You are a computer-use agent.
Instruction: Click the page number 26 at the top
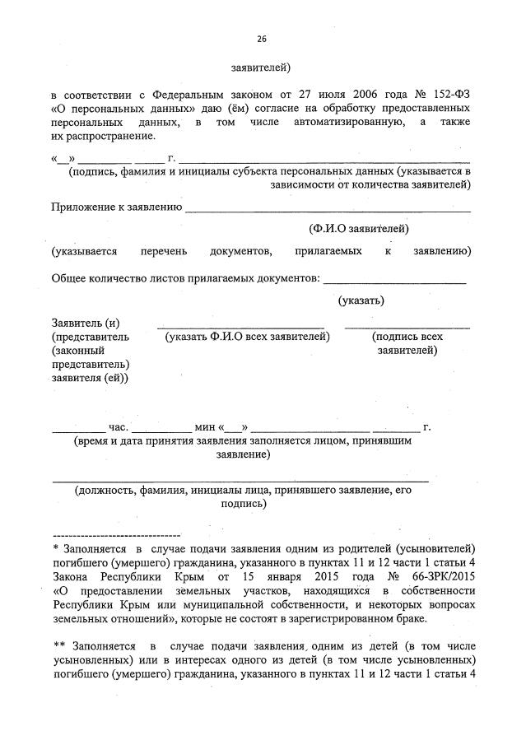[x=262, y=39]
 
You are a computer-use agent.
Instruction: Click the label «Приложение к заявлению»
[x=116, y=207]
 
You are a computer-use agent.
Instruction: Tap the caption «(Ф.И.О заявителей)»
[x=358, y=228]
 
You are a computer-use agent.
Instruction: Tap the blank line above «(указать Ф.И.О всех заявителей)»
[x=240, y=327]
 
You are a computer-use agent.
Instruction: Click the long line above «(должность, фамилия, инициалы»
[x=240, y=479]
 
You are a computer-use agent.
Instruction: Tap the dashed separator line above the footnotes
[x=116, y=535]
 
